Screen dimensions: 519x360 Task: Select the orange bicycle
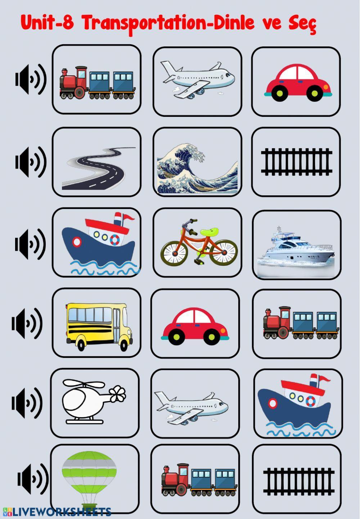199,243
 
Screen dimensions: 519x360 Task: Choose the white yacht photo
296,248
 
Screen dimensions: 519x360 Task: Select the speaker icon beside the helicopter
27,403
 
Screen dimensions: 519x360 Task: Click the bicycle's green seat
209,232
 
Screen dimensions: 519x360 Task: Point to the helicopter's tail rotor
117,394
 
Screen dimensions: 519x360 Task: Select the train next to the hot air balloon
199,481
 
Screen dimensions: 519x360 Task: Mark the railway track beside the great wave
296,162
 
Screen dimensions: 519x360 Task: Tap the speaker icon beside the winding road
31,162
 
